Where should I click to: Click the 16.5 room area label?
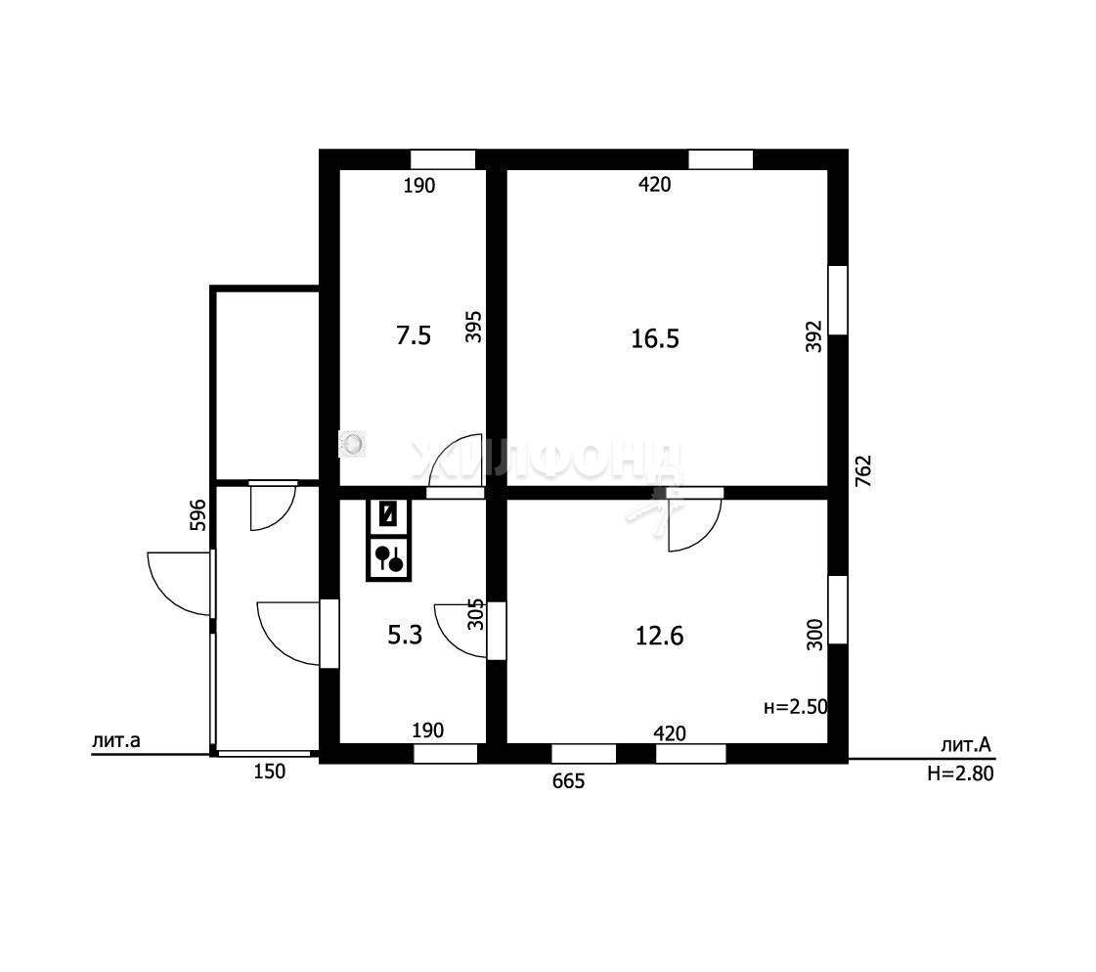pos(655,339)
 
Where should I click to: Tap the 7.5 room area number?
pos(414,335)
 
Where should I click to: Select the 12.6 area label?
pos(659,637)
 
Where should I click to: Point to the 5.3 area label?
pos(405,635)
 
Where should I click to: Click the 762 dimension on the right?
pos(864,471)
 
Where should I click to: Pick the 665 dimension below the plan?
pos(568,781)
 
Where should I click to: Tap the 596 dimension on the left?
pos(198,514)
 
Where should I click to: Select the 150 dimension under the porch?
pos(269,772)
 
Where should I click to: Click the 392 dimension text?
pos(813,336)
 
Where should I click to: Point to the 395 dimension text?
pos(474,327)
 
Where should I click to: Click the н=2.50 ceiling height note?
pos(796,707)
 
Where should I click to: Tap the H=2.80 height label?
pos(960,773)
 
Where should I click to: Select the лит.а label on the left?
pos(116,740)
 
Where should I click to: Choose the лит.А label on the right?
pos(965,745)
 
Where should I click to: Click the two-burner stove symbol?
pos(388,558)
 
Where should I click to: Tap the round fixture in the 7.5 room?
pos(352,443)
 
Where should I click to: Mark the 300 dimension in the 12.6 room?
pos(815,635)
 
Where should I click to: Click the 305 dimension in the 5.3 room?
pos(475,614)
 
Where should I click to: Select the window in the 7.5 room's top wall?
pos(443,159)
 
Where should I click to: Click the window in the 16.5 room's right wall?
pos(838,300)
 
